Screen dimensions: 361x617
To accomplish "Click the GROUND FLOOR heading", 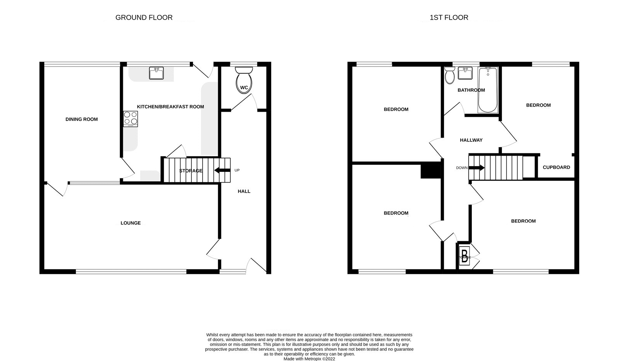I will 144,17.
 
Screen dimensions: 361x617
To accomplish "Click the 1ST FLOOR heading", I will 449,17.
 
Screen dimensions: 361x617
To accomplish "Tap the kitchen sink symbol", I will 156,73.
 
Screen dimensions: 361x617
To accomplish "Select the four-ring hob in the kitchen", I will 131,119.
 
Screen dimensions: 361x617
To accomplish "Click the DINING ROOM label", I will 82,119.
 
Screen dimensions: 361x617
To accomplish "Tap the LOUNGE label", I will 131,223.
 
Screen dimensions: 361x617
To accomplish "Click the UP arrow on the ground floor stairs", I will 222,170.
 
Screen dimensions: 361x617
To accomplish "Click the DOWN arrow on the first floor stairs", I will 476,168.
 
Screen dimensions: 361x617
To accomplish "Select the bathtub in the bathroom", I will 488,90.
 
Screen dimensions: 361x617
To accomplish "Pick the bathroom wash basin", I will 465,73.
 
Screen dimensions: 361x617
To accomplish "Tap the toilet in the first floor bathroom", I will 449,76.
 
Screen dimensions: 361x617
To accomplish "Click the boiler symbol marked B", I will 465,257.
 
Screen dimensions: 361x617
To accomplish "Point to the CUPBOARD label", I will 556,167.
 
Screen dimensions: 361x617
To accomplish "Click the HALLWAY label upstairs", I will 471,140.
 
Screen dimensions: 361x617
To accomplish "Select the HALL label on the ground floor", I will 244,191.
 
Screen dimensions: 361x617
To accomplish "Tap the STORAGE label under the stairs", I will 191,171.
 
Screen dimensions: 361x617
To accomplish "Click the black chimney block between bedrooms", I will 430,170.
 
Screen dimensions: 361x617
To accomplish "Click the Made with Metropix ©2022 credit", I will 309,359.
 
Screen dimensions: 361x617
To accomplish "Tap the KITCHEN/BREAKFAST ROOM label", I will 170,107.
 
